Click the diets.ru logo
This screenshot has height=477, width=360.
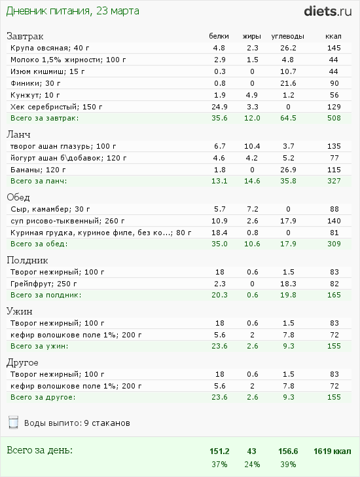(328, 11)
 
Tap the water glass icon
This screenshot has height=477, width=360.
(13, 422)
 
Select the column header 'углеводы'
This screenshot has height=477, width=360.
(288, 37)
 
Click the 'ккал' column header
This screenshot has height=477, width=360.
(333, 36)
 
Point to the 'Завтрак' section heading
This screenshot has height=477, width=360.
(25, 36)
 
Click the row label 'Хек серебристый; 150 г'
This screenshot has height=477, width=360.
(56, 107)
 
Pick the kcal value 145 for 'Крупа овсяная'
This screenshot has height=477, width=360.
(334, 48)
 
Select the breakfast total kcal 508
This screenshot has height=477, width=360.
(334, 118)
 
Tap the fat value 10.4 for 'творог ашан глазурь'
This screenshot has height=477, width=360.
(252, 146)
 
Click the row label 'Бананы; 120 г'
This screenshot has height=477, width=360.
(38, 170)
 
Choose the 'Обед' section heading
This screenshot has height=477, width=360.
(18, 197)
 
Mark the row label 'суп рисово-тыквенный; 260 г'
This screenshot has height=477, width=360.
(67, 221)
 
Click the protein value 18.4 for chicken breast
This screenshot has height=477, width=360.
(219, 233)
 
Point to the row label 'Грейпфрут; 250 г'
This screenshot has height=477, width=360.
(43, 284)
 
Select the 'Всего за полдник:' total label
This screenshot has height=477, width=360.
(46, 295)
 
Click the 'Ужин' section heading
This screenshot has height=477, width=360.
(20, 311)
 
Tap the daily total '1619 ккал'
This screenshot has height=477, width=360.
(332, 451)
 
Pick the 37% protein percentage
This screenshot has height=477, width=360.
(219, 465)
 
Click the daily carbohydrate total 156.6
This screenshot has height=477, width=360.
(288, 451)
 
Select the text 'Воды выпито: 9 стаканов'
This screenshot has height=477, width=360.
(77, 423)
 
